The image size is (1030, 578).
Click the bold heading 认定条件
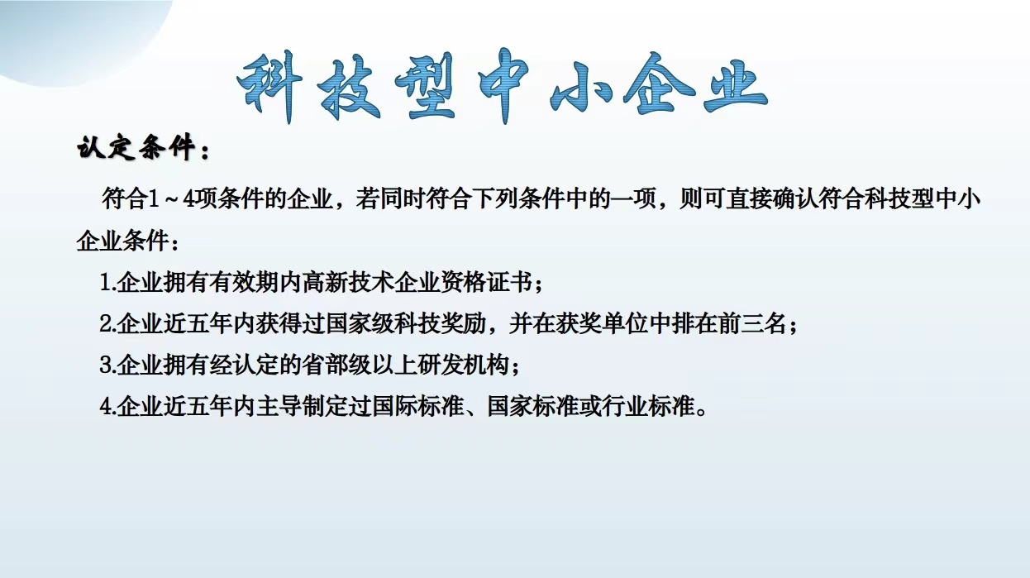coord(136,148)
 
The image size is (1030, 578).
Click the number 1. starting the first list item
coord(107,282)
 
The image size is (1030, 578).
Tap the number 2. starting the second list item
coord(107,323)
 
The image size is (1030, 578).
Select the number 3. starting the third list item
coord(107,365)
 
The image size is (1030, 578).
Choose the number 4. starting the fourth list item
coord(107,407)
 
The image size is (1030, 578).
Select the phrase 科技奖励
coord(441,323)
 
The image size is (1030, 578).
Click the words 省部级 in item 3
coord(336,365)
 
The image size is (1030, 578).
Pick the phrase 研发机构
coord(464,365)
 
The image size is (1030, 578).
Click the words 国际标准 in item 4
coord(417,407)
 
